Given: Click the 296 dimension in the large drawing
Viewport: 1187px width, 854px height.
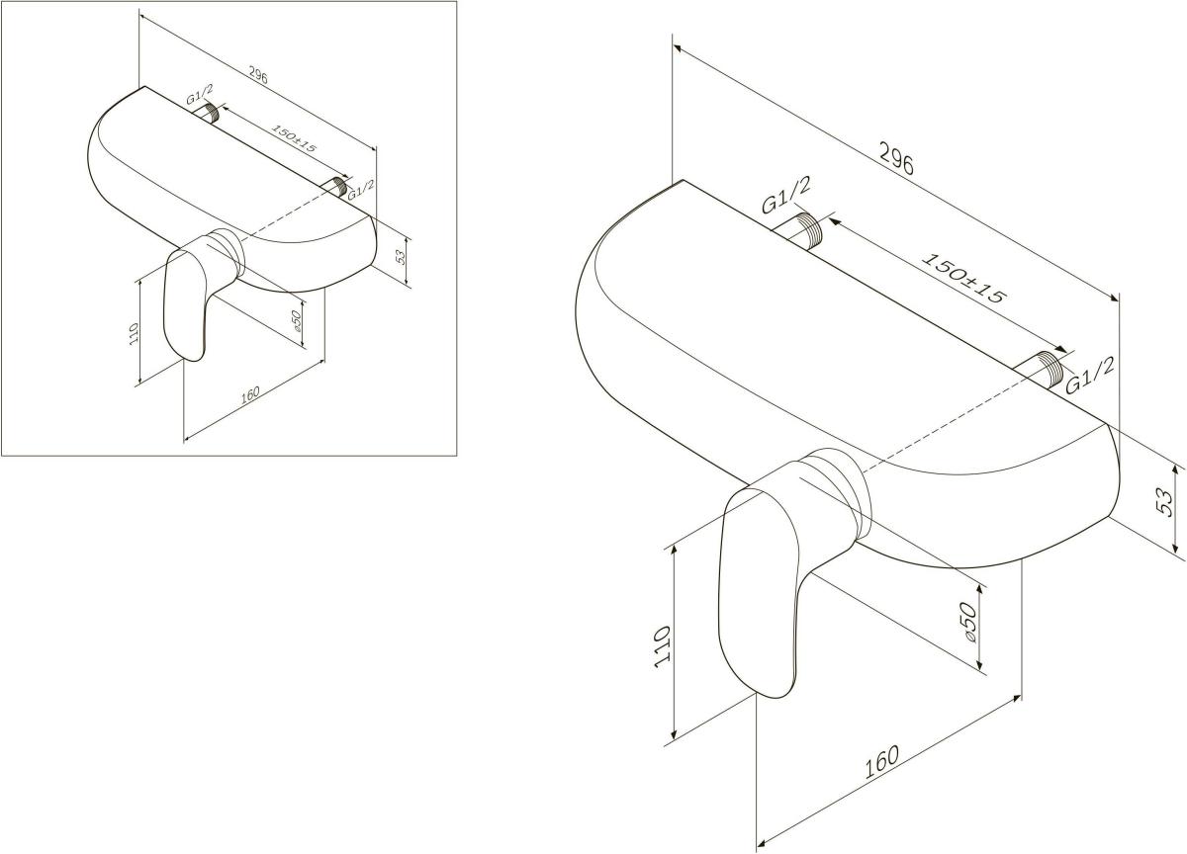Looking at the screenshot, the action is [896, 158].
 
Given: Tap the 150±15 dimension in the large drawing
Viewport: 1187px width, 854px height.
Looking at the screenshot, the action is [963, 279].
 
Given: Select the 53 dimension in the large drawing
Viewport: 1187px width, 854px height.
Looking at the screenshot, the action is [1163, 501].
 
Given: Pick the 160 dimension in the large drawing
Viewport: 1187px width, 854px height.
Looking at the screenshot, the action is [882, 762].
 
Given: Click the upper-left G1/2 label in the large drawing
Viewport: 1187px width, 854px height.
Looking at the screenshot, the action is [785, 196].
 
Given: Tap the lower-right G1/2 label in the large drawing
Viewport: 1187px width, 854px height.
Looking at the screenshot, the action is [1089, 376].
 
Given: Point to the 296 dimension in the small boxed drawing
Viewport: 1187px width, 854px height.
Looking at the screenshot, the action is [258, 76].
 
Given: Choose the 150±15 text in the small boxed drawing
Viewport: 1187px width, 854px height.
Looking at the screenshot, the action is [294, 138].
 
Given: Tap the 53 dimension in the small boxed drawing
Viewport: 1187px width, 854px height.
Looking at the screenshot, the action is [402, 257].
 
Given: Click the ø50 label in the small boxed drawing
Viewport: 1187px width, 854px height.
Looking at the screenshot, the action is [296, 321].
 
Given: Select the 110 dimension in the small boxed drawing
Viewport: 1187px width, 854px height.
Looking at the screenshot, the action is [134, 333].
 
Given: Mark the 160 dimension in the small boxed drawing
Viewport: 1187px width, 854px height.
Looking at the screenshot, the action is [250, 395].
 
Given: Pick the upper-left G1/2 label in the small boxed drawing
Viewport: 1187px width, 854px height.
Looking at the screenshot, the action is [200, 94].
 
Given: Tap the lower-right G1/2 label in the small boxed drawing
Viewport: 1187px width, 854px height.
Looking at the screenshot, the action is [361, 189].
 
